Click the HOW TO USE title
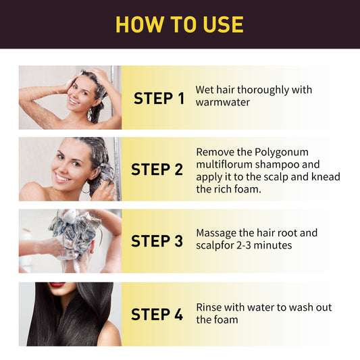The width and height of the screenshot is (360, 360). (x=180, y=24)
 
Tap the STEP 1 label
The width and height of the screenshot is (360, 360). (x=159, y=99)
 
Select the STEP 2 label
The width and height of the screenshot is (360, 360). (x=157, y=170)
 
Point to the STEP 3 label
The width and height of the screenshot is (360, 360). (x=157, y=241)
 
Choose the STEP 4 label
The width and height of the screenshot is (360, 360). (x=157, y=314)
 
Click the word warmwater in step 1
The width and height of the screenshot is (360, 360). (x=223, y=103)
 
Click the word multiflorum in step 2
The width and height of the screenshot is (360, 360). (x=226, y=165)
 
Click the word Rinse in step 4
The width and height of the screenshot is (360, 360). (x=210, y=307)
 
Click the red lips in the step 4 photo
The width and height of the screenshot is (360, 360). (x=57, y=285)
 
